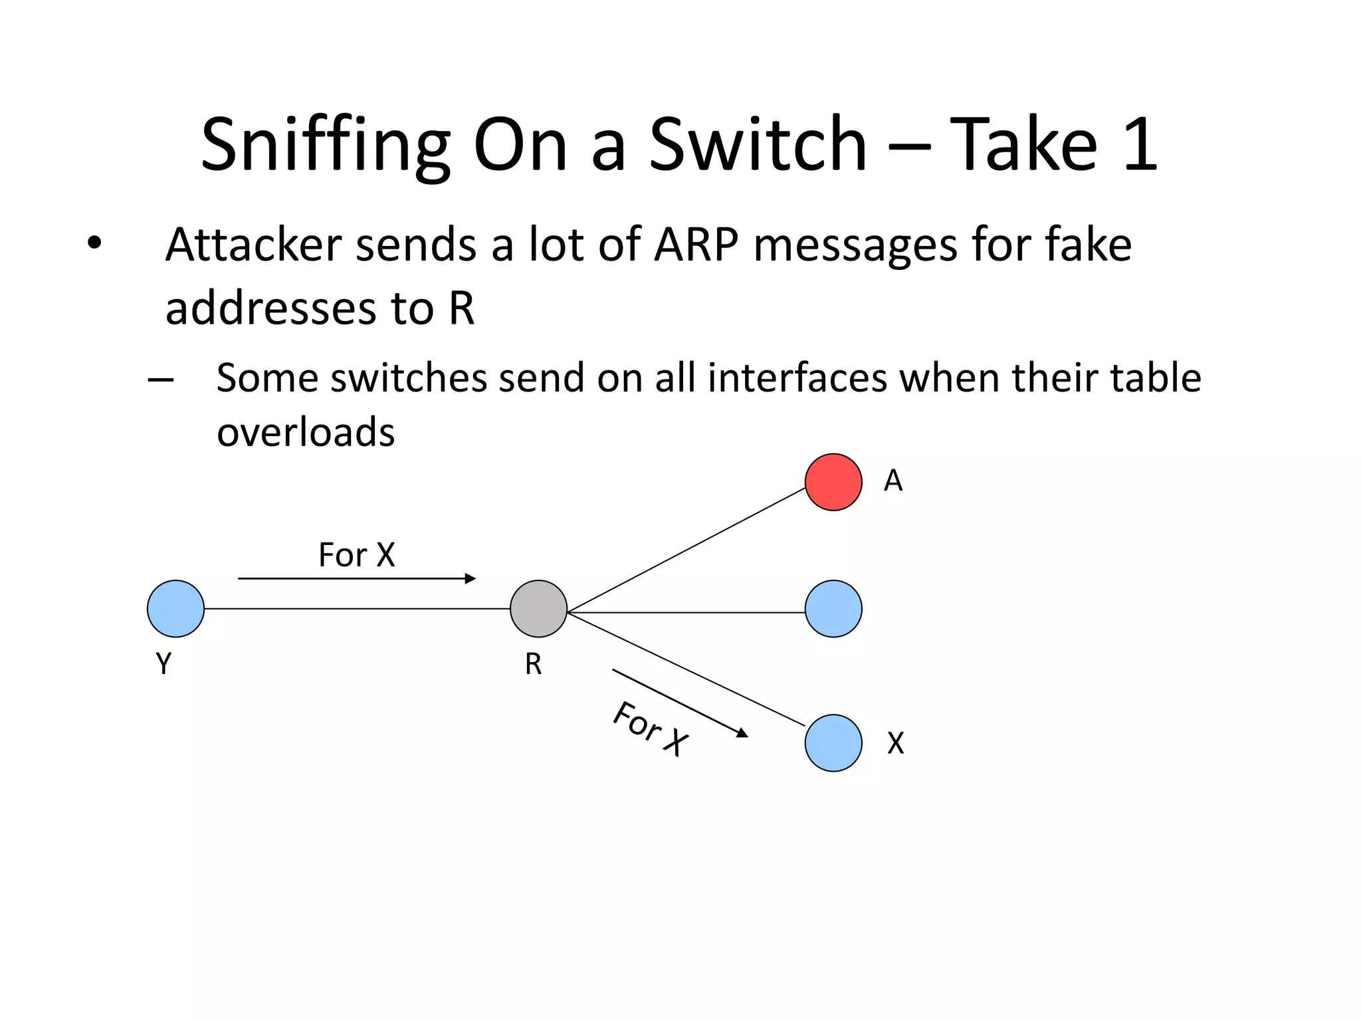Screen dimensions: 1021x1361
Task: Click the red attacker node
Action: (833, 482)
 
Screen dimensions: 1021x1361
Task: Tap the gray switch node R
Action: (538, 608)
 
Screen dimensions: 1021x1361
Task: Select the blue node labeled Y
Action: (175, 608)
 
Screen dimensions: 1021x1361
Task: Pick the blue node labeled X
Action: (833, 742)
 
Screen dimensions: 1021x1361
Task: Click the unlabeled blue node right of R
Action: (833, 608)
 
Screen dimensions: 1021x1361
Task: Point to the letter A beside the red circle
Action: (893, 481)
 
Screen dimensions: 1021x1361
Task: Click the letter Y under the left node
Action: (163, 663)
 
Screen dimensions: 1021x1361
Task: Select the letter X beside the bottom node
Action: (896, 743)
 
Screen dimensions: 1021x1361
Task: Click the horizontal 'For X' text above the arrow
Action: (357, 554)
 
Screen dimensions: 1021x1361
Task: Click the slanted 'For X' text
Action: (650, 729)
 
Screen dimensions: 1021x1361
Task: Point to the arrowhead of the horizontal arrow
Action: (471, 578)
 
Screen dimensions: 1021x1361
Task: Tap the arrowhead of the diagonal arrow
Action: (743, 733)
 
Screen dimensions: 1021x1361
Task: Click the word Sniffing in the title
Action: (325, 144)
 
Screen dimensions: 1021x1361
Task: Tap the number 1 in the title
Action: (1140, 144)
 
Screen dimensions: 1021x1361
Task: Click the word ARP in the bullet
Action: (696, 245)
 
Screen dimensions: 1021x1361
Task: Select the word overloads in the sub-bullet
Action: (306, 432)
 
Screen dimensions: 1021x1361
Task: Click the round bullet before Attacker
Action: (94, 243)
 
